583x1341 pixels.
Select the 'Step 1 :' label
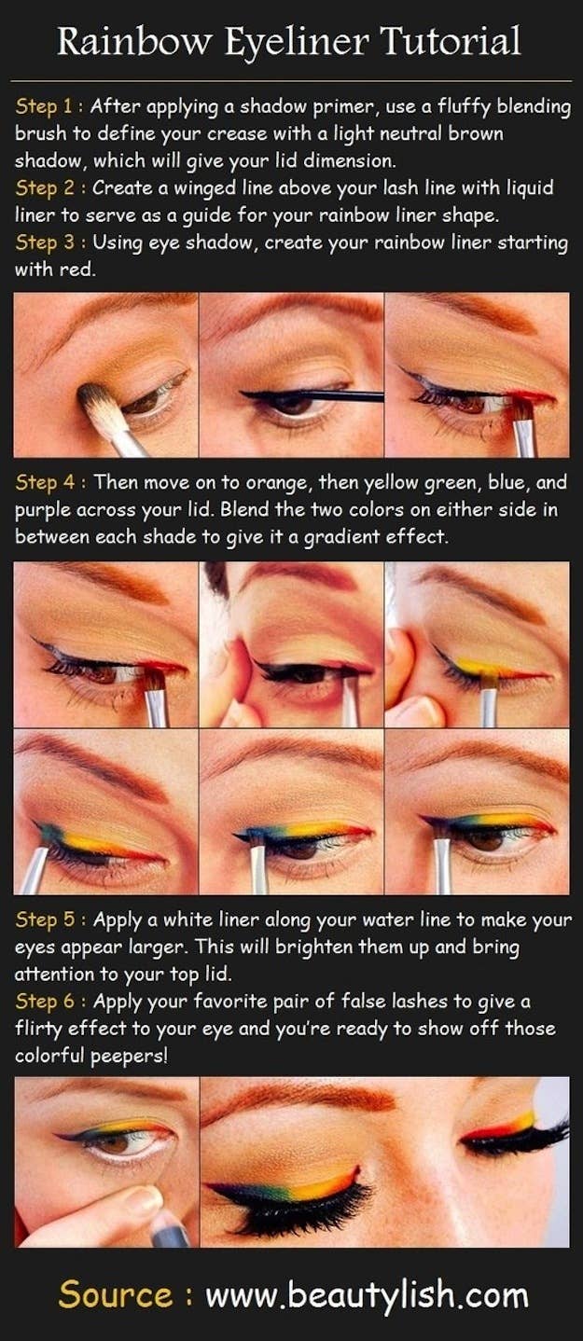click(x=49, y=106)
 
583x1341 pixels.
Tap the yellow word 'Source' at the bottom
click(x=115, y=1295)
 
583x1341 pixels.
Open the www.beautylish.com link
click(x=367, y=1295)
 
